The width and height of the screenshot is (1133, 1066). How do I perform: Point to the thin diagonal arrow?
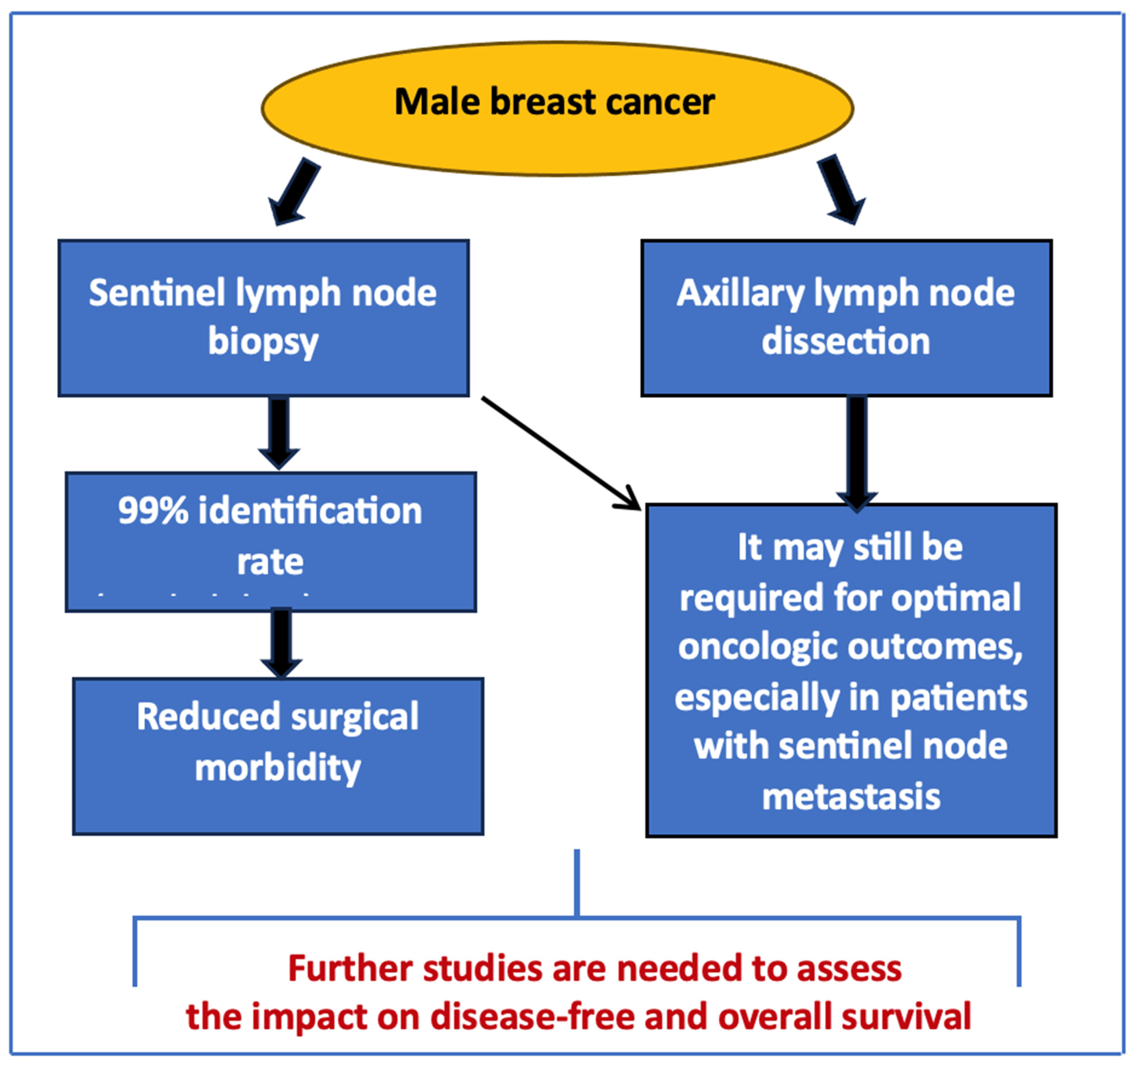561,452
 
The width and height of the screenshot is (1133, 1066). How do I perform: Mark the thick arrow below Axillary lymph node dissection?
856,453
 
